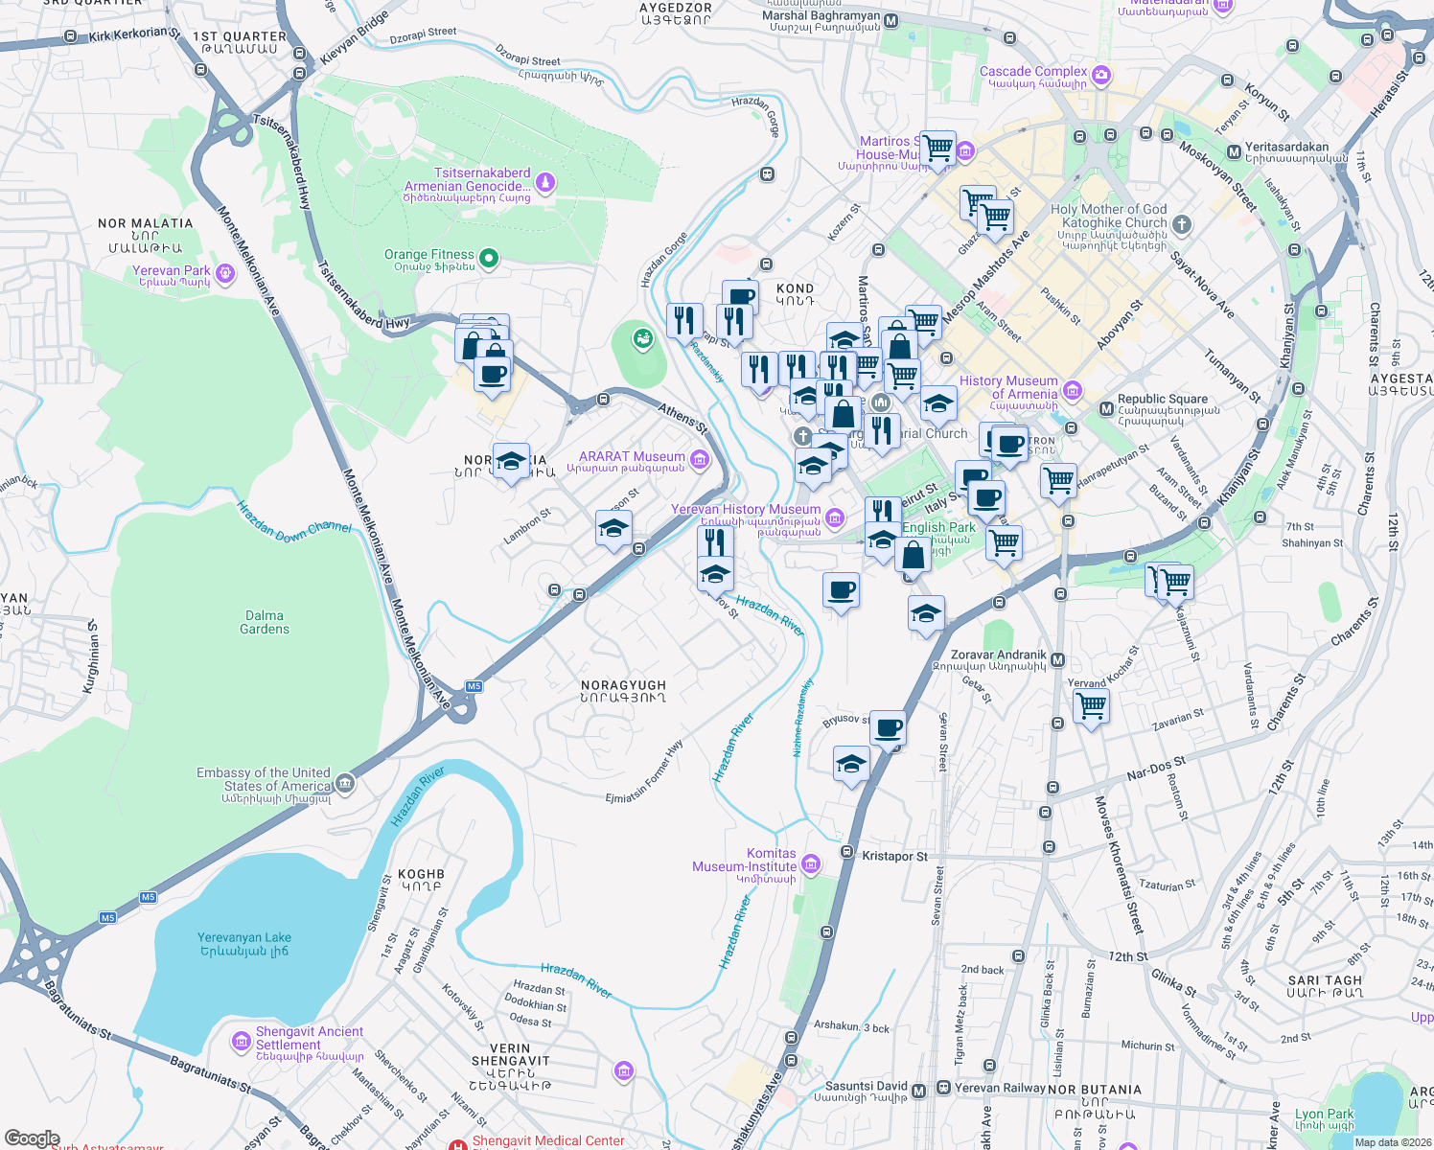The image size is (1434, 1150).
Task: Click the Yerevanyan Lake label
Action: [243, 944]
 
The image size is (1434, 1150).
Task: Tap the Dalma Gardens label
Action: [265, 622]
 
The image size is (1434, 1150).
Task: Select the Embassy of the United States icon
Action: [345, 785]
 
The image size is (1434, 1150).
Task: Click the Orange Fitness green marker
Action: [489, 257]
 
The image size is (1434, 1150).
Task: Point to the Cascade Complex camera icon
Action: [1101, 74]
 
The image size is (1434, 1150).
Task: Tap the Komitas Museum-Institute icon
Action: [811, 864]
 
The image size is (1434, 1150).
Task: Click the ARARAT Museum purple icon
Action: [699, 461]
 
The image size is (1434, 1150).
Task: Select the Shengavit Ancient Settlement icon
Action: [242, 1041]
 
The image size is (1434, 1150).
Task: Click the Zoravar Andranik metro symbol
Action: [1058, 660]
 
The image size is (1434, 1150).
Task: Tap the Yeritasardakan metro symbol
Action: [1235, 152]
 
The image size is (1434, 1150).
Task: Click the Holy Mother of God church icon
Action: [1182, 225]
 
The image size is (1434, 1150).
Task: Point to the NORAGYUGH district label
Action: [623, 691]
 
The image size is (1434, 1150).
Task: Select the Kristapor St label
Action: [894, 856]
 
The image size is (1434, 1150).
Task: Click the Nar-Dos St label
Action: [1156, 768]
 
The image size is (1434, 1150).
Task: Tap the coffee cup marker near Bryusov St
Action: [888, 728]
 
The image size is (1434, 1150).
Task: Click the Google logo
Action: [32, 1138]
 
